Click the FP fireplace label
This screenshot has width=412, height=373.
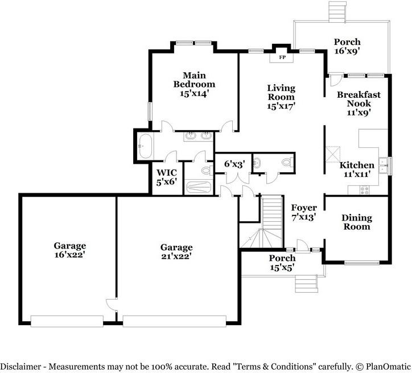pyautogui.click(x=282, y=57)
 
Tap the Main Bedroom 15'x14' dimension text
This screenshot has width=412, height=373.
pyautogui.click(x=194, y=93)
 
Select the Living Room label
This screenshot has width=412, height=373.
pyautogui.click(x=281, y=92)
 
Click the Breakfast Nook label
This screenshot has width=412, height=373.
pyautogui.click(x=359, y=99)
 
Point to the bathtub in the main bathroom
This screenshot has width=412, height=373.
pyautogui.click(x=145, y=146)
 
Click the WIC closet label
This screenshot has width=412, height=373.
pyautogui.click(x=167, y=172)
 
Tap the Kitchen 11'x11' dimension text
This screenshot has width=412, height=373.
pyautogui.click(x=357, y=173)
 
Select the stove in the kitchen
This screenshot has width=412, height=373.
pyautogui.click(x=364, y=190)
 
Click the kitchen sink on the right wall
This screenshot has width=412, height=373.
pyautogui.click(x=384, y=165)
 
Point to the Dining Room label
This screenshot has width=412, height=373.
pyautogui.click(x=357, y=222)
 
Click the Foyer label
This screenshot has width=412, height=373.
pyautogui.click(x=304, y=208)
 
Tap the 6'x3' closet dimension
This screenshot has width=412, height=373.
pyautogui.click(x=234, y=164)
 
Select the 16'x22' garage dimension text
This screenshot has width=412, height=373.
pyautogui.click(x=69, y=254)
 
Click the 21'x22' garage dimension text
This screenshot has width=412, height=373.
pyautogui.click(x=176, y=256)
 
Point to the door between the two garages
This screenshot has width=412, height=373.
pyautogui.click(x=112, y=305)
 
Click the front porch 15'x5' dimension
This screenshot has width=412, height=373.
pyautogui.click(x=282, y=267)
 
